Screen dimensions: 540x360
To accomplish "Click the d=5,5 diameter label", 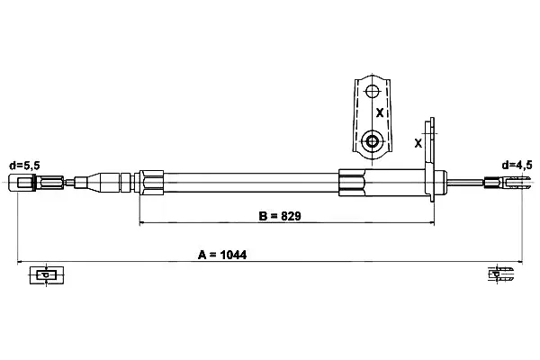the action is (24, 166).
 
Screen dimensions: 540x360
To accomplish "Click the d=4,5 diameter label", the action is (517, 166).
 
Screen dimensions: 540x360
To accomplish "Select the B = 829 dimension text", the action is (280, 216).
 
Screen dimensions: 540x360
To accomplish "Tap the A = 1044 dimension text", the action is (222, 255).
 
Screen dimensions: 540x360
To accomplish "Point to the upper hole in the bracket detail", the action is (372, 92).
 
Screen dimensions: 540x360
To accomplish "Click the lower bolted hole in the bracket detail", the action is (372, 141).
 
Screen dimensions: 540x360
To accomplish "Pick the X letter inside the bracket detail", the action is (380, 112).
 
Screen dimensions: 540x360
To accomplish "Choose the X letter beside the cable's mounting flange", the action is (418, 143).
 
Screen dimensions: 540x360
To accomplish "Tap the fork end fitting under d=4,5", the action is (508, 182).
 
